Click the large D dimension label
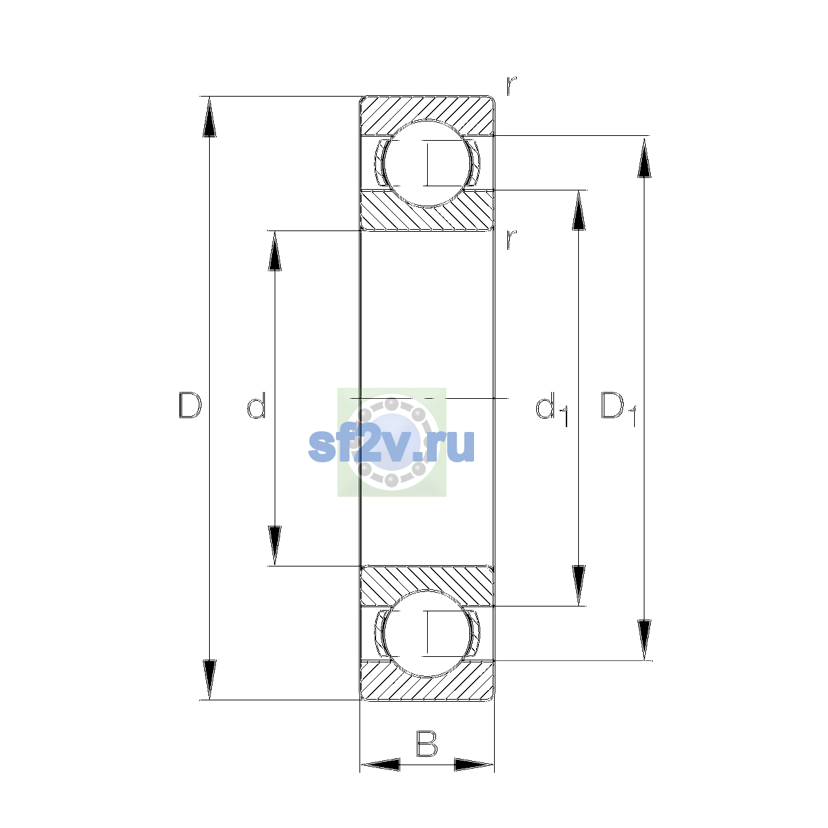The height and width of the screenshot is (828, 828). tap(190, 405)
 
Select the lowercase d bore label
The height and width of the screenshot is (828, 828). tap(256, 405)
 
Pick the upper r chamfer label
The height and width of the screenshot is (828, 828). tap(511, 86)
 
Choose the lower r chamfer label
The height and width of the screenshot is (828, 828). tap(511, 240)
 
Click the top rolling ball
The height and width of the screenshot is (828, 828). tap(427, 164)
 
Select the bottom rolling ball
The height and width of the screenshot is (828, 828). tap(427, 634)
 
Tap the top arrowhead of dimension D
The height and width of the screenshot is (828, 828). tap(209, 117)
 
